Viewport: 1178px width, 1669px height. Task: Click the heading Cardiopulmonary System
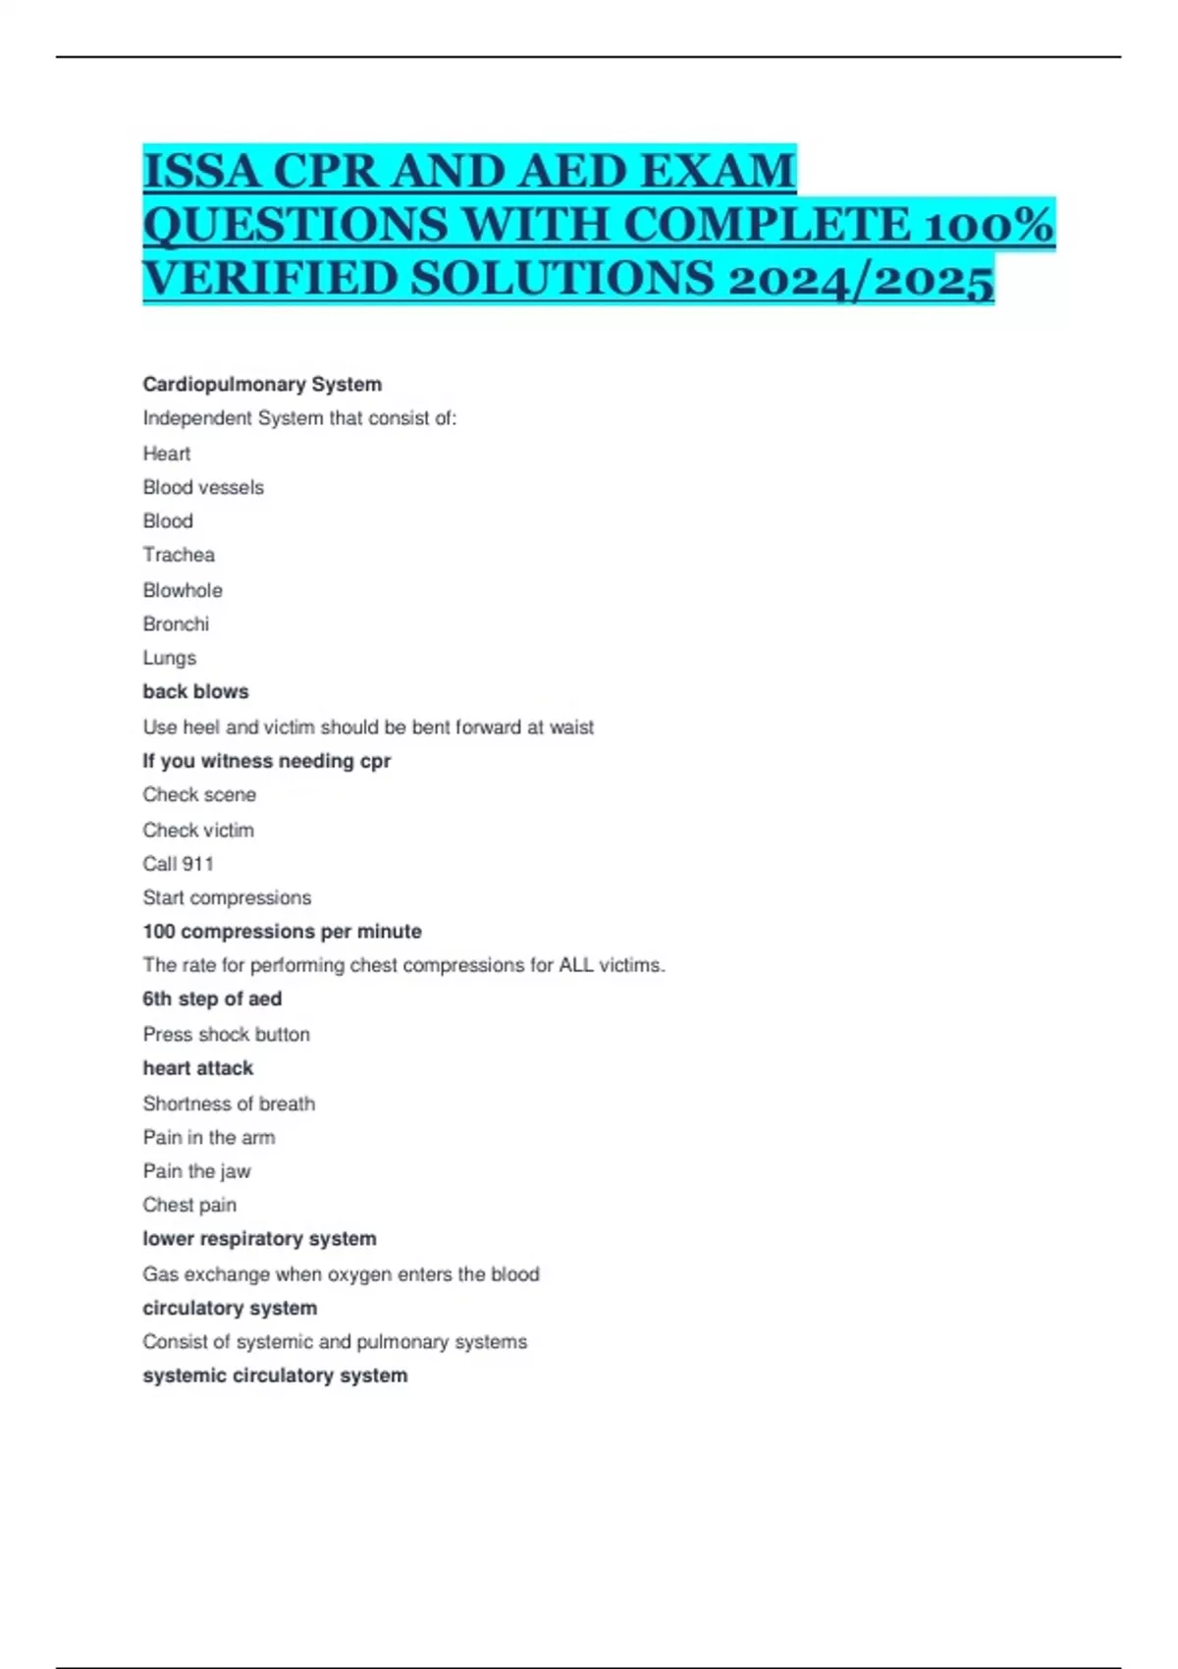[x=262, y=384]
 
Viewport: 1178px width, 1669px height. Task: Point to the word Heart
[x=167, y=454]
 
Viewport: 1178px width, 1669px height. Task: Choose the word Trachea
[x=179, y=555]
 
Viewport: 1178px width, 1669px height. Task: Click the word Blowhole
[x=183, y=590]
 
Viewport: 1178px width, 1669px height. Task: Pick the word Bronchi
[x=176, y=623]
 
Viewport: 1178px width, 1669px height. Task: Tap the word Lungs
[x=170, y=658]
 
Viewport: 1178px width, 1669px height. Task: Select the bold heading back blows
[x=195, y=691]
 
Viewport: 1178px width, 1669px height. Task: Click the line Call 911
[x=178, y=864]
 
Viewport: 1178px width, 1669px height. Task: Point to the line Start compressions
[x=227, y=897]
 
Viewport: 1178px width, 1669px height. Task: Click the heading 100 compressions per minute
[x=282, y=931]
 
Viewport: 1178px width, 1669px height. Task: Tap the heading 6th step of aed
[x=212, y=998]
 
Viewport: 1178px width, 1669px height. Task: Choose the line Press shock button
[x=226, y=1034]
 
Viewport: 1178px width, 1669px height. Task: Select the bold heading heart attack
[x=197, y=1068]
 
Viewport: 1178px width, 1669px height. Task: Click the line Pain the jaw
[x=196, y=1171]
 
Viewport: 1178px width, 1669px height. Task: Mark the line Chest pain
[x=189, y=1205]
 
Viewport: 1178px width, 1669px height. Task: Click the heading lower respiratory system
[x=259, y=1239]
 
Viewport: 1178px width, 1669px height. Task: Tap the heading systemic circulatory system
[x=275, y=1375]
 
